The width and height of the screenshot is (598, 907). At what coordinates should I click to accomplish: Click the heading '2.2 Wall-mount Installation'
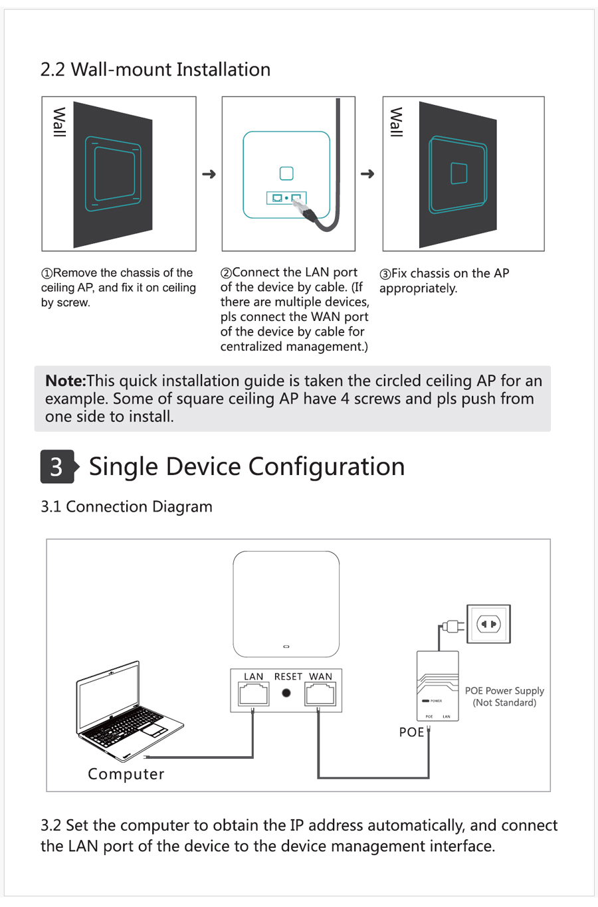click(x=155, y=70)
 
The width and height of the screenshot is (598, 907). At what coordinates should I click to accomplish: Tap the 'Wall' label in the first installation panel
click(x=59, y=122)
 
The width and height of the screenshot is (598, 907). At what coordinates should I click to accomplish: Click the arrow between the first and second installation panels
click(x=209, y=174)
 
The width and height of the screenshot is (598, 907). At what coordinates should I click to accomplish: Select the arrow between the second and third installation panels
click(x=367, y=174)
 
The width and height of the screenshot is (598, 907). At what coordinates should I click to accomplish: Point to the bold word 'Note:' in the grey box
click(x=65, y=381)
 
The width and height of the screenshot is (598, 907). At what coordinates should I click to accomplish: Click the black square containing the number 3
click(x=56, y=466)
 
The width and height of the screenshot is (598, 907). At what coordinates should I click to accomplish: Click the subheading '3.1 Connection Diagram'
click(x=126, y=506)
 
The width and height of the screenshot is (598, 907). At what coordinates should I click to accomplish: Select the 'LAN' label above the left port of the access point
click(x=253, y=676)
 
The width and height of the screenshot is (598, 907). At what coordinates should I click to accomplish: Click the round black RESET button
click(x=286, y=693)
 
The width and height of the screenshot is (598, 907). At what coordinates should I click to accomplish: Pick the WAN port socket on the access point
click(x=320, y=694)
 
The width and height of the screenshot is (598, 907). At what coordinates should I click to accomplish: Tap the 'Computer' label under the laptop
click(x=126, y=774)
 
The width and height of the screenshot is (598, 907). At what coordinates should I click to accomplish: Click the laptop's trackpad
click(x=153, y=730)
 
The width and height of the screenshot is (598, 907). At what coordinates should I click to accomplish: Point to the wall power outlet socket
click(x=488, y=624)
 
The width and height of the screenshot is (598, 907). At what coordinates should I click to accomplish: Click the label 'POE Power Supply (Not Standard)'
click(x=504, y=696)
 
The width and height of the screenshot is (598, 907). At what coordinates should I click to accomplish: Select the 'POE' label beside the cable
click(x=411, y=732)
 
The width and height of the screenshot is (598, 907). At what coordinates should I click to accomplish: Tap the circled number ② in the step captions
click(x=226, y=273)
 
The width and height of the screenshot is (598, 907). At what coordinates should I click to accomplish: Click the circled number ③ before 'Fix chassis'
click(x=385, y=274)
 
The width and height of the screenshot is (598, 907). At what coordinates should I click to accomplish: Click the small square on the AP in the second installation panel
click(x=286, y=173)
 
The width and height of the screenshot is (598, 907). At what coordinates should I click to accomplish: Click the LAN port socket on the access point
click(x=253, y=694)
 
